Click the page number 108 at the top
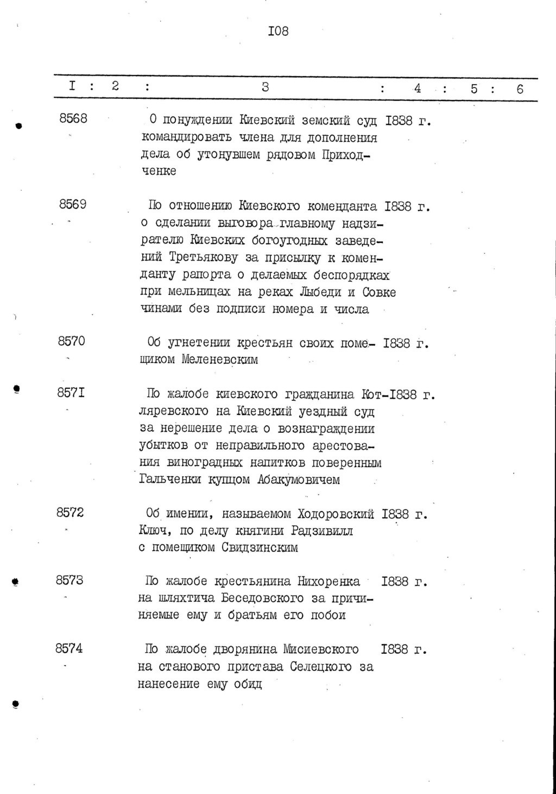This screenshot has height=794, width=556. (278, 31)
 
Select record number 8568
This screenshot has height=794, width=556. (73, 118)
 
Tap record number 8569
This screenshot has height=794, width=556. (72, 205)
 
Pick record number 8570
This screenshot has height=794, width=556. (71, 342)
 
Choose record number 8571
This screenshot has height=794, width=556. (71, 393)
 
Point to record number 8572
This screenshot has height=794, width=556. (70, 512)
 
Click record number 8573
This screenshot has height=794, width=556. (69, 580)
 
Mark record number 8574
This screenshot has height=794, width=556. (69, 648)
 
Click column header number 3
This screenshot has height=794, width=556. (265, 87)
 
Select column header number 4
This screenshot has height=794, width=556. (417, 88)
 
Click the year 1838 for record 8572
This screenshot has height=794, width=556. (396, 514)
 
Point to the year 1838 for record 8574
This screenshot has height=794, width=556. (395, 650)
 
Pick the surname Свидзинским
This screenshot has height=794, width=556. (260, 547)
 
